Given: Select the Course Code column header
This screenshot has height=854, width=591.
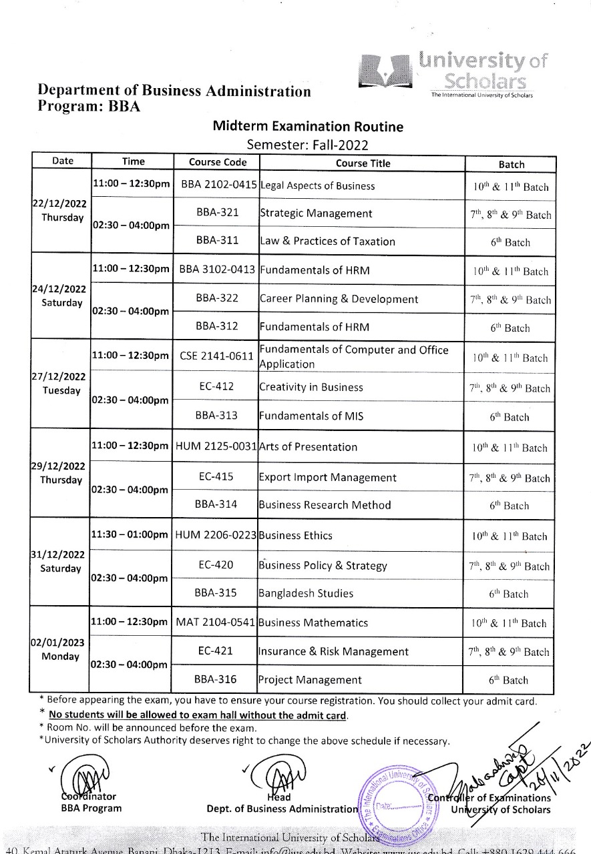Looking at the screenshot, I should tap(218, 162).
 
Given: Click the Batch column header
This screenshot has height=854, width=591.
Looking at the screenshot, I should tap(511, 164).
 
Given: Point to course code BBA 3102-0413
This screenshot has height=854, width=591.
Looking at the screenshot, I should tap(218, 270).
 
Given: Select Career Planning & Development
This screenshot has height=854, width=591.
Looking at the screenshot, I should tap(339, 299).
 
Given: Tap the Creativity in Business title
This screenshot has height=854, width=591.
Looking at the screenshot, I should tap(311, 387).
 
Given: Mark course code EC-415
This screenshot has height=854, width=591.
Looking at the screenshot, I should tap(216, 477).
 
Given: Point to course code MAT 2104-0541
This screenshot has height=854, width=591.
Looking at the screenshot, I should tap(215, 622).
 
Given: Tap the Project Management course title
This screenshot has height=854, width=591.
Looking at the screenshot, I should tap(310, 680).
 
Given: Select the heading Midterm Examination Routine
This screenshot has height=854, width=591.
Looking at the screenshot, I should tap(308, 127).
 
